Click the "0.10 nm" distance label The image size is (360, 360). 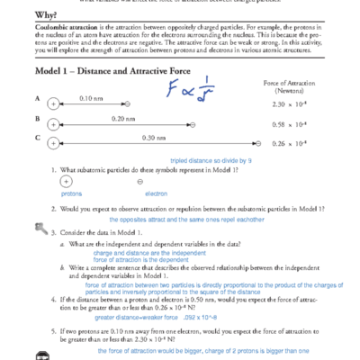click(x=91, y=97)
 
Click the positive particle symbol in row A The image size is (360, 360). click(x=53, y=105)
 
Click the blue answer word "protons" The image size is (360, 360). click(x=71, y=193)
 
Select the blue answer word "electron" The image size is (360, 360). click(x=156, y=193)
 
